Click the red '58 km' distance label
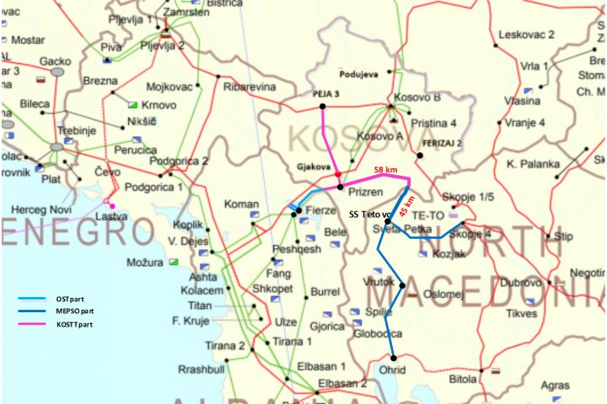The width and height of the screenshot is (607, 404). [385, 169]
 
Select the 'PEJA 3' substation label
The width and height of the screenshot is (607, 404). [325, 94]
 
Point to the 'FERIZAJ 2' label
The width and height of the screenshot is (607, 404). [443, 144]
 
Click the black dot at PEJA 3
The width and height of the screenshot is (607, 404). [323, 106]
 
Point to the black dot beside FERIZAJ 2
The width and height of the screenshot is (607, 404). [420, 154]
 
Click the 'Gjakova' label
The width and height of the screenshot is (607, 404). [313, 166]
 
